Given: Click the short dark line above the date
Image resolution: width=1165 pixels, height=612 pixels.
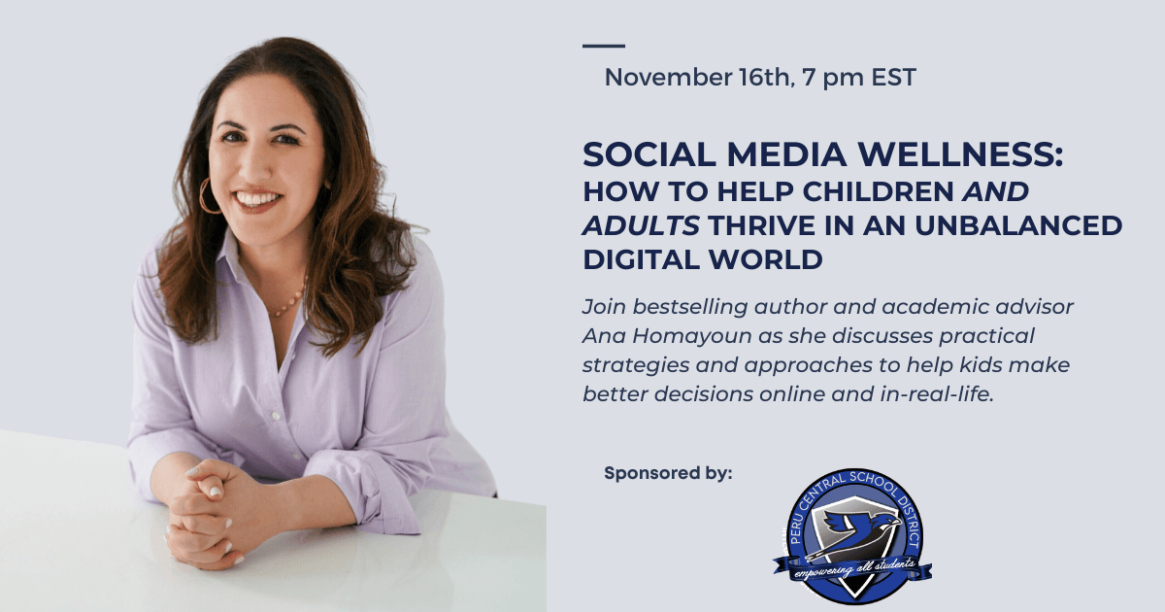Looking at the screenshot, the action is click(603, 46).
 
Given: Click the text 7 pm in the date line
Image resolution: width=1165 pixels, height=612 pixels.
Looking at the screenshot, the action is click(833, 78).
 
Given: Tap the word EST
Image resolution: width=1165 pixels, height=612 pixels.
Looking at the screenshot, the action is click(893, 78).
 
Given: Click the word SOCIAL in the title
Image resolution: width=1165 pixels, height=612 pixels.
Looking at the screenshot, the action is click(649, 154).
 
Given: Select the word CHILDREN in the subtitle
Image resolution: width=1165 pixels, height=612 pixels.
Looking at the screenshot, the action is click(878, 191).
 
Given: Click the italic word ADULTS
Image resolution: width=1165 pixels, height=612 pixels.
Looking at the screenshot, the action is click(641, 225).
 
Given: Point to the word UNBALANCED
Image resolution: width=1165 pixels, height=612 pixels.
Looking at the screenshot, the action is click(1018, 225).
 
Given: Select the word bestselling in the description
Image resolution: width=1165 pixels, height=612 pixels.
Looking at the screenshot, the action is click(689, 308).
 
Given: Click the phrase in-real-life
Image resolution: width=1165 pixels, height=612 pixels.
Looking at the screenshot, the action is click(936, 394).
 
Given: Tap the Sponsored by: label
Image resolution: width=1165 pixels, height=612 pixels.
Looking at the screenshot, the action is click(668, 474).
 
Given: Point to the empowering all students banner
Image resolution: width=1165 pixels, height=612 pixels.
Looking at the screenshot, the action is click(852, 568).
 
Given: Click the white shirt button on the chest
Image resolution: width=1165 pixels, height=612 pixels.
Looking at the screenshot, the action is click(276, 416).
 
